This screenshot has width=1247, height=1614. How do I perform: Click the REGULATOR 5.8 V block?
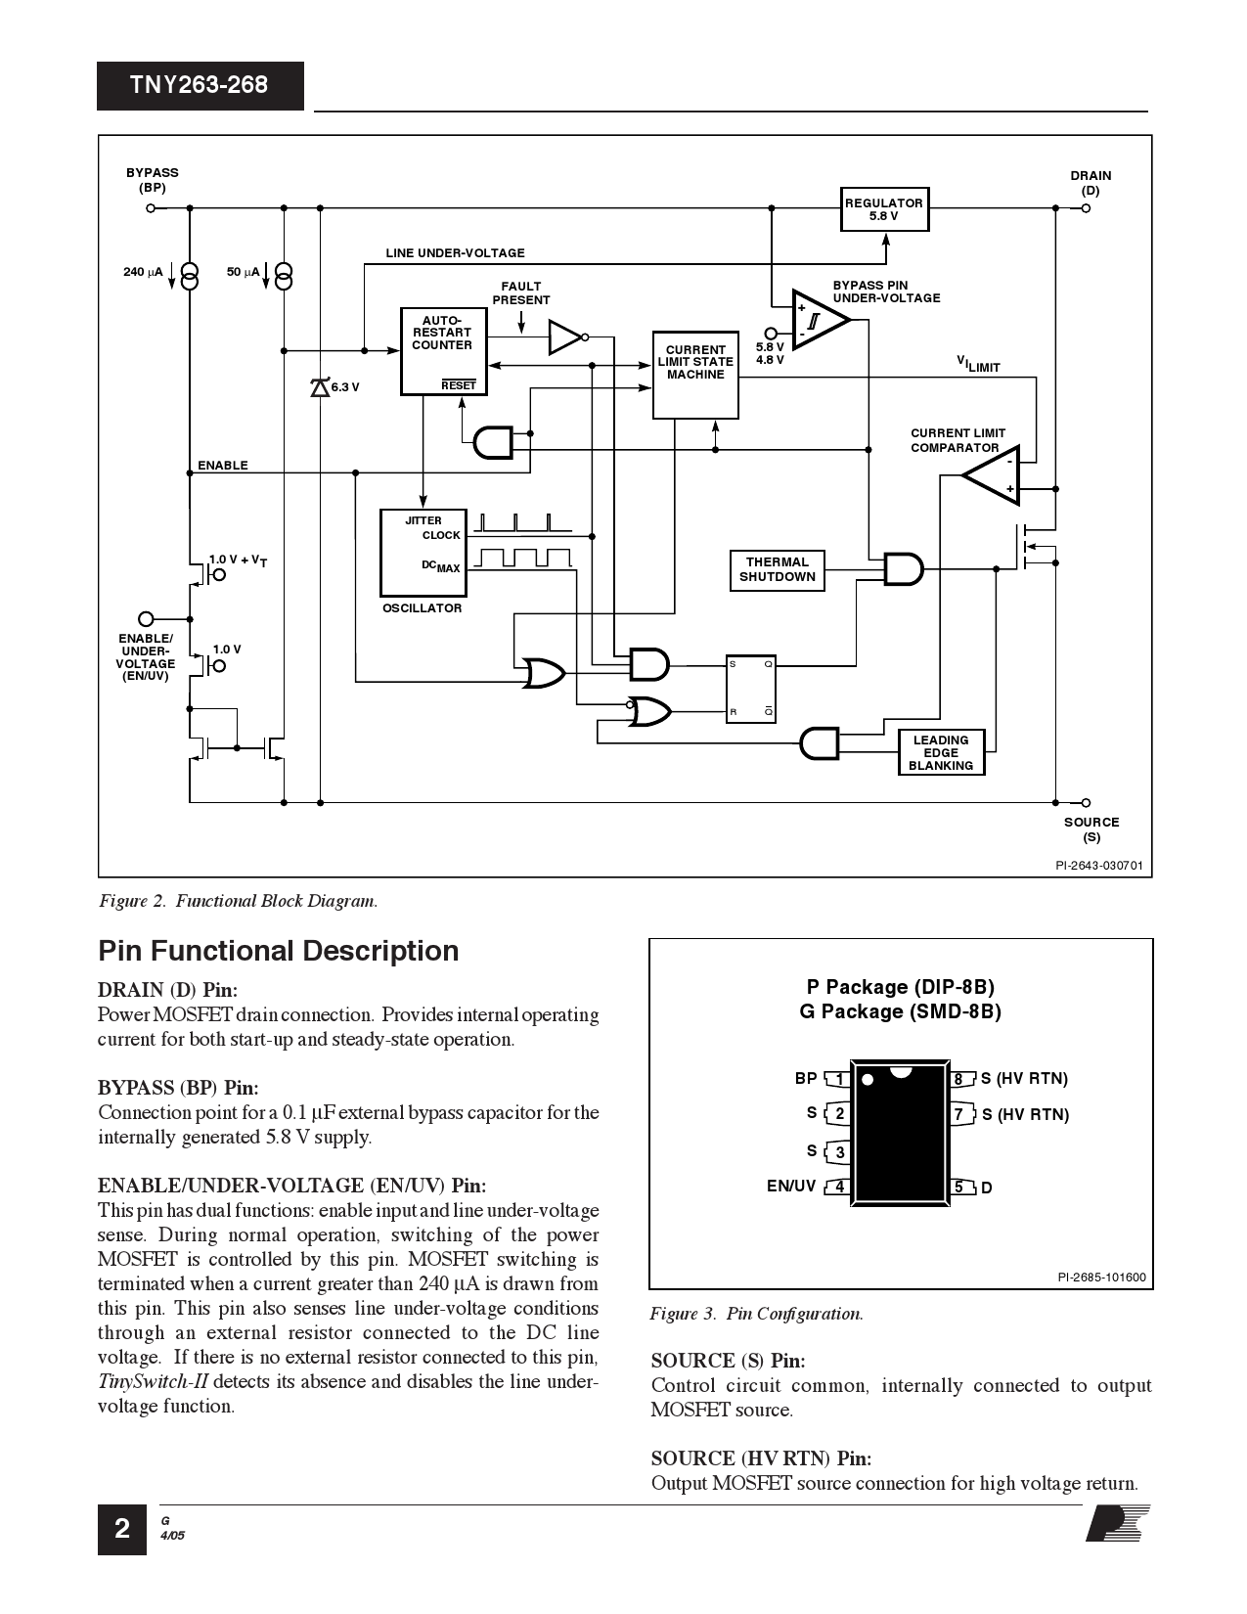click(x=883, y=209)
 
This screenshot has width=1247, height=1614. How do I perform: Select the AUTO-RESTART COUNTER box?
click(x=442, y=351)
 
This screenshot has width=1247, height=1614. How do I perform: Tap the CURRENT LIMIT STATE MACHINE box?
click(x=695, y=375)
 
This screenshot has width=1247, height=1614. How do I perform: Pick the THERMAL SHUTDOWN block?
click(x=778, y=570)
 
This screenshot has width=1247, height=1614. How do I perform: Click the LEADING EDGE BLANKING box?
click(x=940, y=753)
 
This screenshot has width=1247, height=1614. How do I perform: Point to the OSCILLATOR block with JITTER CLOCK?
click(x=423, y=553)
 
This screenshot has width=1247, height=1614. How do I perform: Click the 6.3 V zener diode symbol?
click(x=320, y=387)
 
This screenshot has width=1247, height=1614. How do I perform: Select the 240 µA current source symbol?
click(x=190, y=277)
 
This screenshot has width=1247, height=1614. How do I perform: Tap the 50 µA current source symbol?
click(x=284, y=277)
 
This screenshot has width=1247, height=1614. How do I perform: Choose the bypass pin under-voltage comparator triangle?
click(x=818, y=319)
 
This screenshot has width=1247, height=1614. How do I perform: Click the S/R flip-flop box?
click(x=750, y=689)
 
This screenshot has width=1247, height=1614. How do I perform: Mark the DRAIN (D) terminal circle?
click(x=1086, y=208)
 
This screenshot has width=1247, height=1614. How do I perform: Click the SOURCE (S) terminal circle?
click(x=1086, y=803)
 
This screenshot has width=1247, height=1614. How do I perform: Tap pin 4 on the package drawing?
click(x=838, y=1188)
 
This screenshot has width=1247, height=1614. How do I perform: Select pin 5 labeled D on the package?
click(x=961, y=1188)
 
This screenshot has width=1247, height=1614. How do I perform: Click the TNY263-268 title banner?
click(x=200, y=85)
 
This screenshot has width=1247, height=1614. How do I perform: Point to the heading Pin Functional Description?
click(x=278, y=951)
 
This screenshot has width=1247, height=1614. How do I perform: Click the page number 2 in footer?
click(x=121, y=1529)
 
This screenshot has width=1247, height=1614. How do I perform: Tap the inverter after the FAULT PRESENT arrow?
click(x=566, y=337)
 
